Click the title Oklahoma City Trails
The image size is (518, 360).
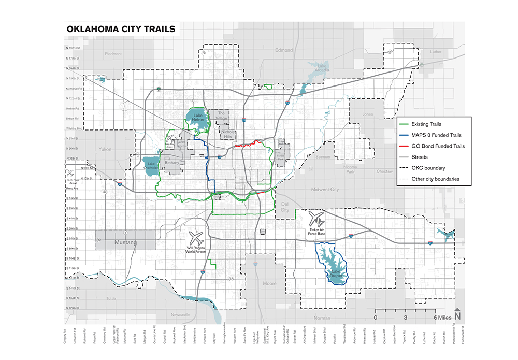click(x=121, y=30)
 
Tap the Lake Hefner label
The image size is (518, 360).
click(x=198, y=118)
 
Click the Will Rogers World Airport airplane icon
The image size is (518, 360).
click(x=196, y=238)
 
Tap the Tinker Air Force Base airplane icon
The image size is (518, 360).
click(x=315, y=218)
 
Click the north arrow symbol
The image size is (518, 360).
click(x=457, y=314)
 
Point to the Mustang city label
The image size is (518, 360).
click(x=125, y=242)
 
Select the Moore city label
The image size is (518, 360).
click(x=270, y=283)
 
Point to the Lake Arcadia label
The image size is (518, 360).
click(x=323, y=68)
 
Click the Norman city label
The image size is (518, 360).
click(x=322, y=318)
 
